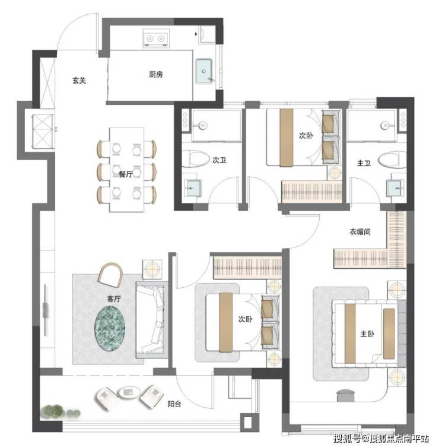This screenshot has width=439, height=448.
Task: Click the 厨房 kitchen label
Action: point(156,75)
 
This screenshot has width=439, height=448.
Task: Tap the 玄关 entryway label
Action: point(79,81)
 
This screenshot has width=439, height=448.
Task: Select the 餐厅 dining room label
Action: point(126,174)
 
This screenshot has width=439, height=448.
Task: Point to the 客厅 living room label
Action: point(114,299)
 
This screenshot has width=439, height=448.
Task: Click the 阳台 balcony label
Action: point(174,404)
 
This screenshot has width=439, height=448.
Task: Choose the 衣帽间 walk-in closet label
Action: point(360,232)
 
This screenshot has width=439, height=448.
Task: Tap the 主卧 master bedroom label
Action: point(367,333)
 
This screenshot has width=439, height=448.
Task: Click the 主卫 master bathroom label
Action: point(364,163)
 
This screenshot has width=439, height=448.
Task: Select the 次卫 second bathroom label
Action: point(220,160)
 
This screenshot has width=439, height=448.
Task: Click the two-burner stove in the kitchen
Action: point(155,38)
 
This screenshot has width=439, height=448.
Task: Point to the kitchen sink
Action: point(204,71)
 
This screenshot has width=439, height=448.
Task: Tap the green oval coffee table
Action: point(110,328)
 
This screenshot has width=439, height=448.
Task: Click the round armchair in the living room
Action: point(111,275)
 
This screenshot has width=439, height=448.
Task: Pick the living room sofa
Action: point(151,320)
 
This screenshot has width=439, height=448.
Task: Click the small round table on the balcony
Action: point(129,392)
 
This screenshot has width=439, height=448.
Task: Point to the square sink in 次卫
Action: point(193,188)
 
